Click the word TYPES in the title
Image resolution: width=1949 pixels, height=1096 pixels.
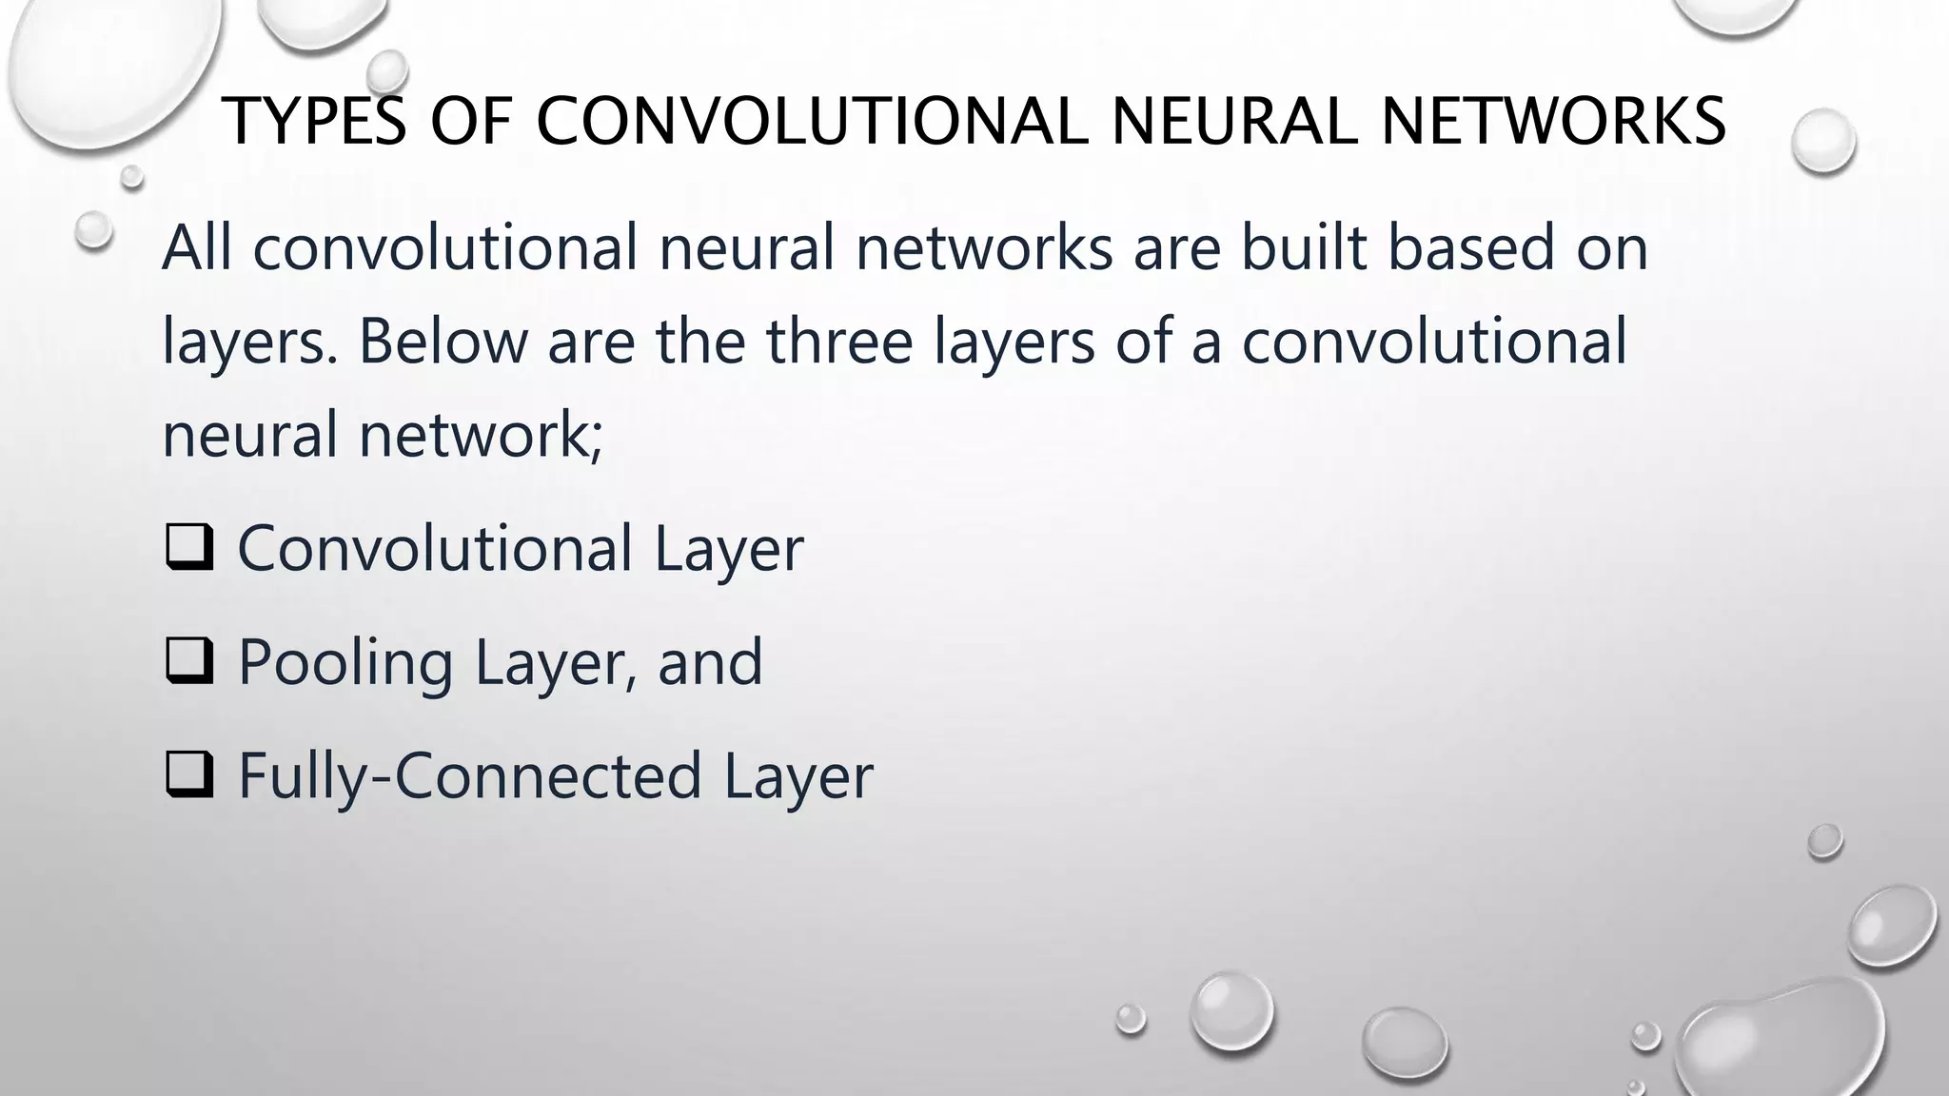point(315,122)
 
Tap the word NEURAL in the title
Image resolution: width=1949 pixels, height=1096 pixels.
point(1233,122)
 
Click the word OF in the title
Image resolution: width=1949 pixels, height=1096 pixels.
point(471,122)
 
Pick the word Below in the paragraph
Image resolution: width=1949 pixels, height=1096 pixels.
point(443,341)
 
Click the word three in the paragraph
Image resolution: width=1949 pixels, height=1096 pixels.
point(839,341)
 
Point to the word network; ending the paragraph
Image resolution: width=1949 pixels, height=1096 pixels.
point(480,434)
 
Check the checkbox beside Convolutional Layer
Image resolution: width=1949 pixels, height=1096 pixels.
point(188,549)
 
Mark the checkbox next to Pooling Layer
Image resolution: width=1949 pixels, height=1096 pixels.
point(188,662)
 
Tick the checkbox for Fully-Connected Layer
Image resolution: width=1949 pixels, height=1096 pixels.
point(188,775)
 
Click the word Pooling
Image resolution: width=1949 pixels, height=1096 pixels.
point(345,663)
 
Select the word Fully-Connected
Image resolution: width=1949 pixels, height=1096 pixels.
point(470,776)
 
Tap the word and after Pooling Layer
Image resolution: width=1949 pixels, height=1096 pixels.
point(710,662)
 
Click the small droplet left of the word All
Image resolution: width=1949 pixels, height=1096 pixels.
point(93,229)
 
